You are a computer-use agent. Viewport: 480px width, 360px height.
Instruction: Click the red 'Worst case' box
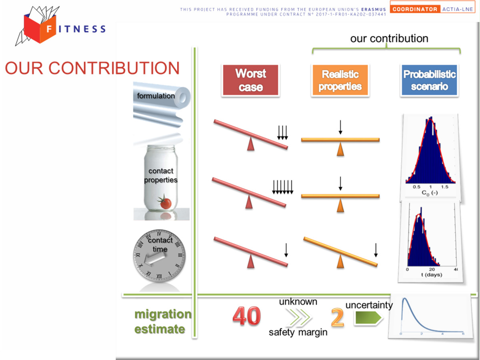coord(250,80)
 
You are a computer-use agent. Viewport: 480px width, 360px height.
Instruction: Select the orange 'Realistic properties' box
coord(340,80)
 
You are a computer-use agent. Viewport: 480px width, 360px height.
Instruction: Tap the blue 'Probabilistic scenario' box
coord(429,80)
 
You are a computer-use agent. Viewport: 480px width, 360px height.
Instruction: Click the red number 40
coord(247,316)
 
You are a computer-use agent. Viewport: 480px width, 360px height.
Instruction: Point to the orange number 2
coord(338,317)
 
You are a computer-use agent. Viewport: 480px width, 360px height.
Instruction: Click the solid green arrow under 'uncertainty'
coord(368,318)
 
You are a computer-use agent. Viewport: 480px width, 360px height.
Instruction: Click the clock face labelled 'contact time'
coord(159,255)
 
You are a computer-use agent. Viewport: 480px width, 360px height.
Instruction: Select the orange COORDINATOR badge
coord(415,9)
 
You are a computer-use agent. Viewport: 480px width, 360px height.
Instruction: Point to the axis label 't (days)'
coord(432,275)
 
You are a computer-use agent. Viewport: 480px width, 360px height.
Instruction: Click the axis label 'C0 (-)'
coord(430,193)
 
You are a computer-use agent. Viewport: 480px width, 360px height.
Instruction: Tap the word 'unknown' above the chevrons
coord(298,302)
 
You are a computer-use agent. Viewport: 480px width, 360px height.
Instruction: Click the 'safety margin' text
coord(298,332)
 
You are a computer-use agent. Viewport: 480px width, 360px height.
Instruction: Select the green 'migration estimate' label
coord(163,322)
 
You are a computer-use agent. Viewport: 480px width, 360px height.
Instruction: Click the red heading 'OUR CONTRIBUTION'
coord(92,68)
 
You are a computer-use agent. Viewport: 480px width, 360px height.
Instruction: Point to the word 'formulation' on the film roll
coord(156,96)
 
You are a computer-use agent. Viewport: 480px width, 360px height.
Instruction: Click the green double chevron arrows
coord(299,317)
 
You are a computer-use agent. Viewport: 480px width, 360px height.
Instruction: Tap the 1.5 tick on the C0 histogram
coord(444,187)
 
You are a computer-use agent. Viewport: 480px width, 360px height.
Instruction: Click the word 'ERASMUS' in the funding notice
coord(374,9)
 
